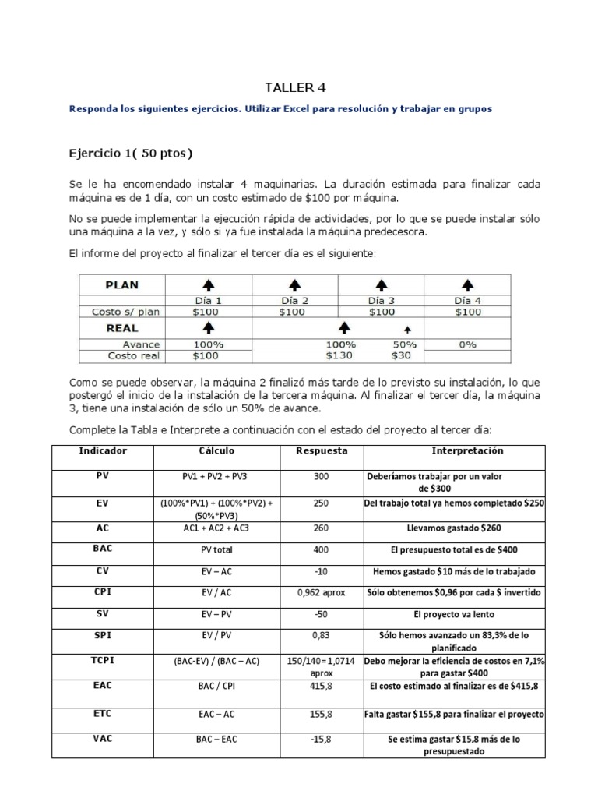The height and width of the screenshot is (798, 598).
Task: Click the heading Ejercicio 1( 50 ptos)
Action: point(131,151)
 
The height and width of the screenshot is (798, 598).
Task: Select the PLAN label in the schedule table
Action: point(122,284)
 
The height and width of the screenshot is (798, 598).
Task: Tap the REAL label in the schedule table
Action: point(121,328)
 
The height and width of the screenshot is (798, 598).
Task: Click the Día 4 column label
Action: point(467,300)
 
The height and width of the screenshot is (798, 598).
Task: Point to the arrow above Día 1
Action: point(207,285)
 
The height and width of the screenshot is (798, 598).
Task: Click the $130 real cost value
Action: point(340,356)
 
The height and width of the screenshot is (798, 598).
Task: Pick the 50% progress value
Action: point(405,344)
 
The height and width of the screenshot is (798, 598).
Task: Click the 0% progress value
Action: point(467,344)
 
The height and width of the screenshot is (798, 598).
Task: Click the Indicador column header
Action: point(103,451)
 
